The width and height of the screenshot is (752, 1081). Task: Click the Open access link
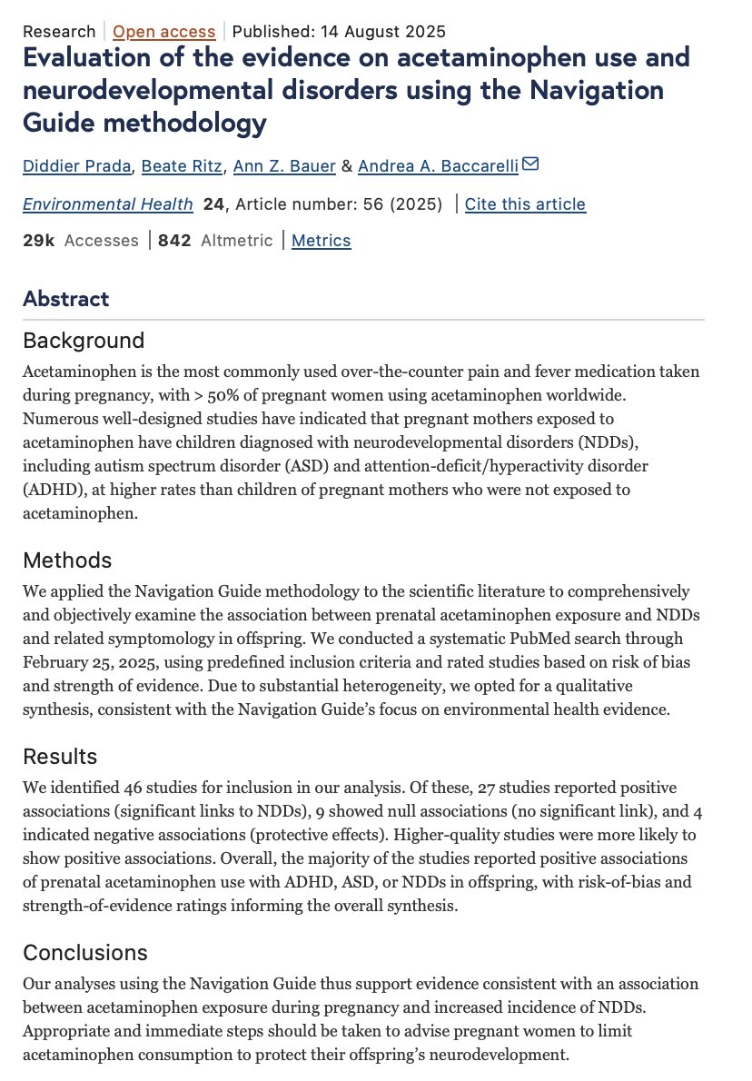(164, 32)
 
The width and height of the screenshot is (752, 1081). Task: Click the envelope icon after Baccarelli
(530, 164)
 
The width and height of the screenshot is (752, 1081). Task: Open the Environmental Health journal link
(108, 203)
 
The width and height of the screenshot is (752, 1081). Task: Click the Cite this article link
(525, 203)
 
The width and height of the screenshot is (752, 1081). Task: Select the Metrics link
(321, 241)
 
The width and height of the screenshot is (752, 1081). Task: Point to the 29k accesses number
(39, 241)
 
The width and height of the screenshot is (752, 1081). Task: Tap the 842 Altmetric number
(173, 241)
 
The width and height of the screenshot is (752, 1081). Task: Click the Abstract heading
(65, 299)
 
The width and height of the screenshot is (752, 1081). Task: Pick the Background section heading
(84, 341)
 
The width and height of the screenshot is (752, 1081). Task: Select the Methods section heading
(67, 560)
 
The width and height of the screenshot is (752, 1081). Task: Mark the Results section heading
(60, 757)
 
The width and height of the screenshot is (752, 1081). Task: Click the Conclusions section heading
(85, 953)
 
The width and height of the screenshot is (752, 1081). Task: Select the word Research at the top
(59, 32)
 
